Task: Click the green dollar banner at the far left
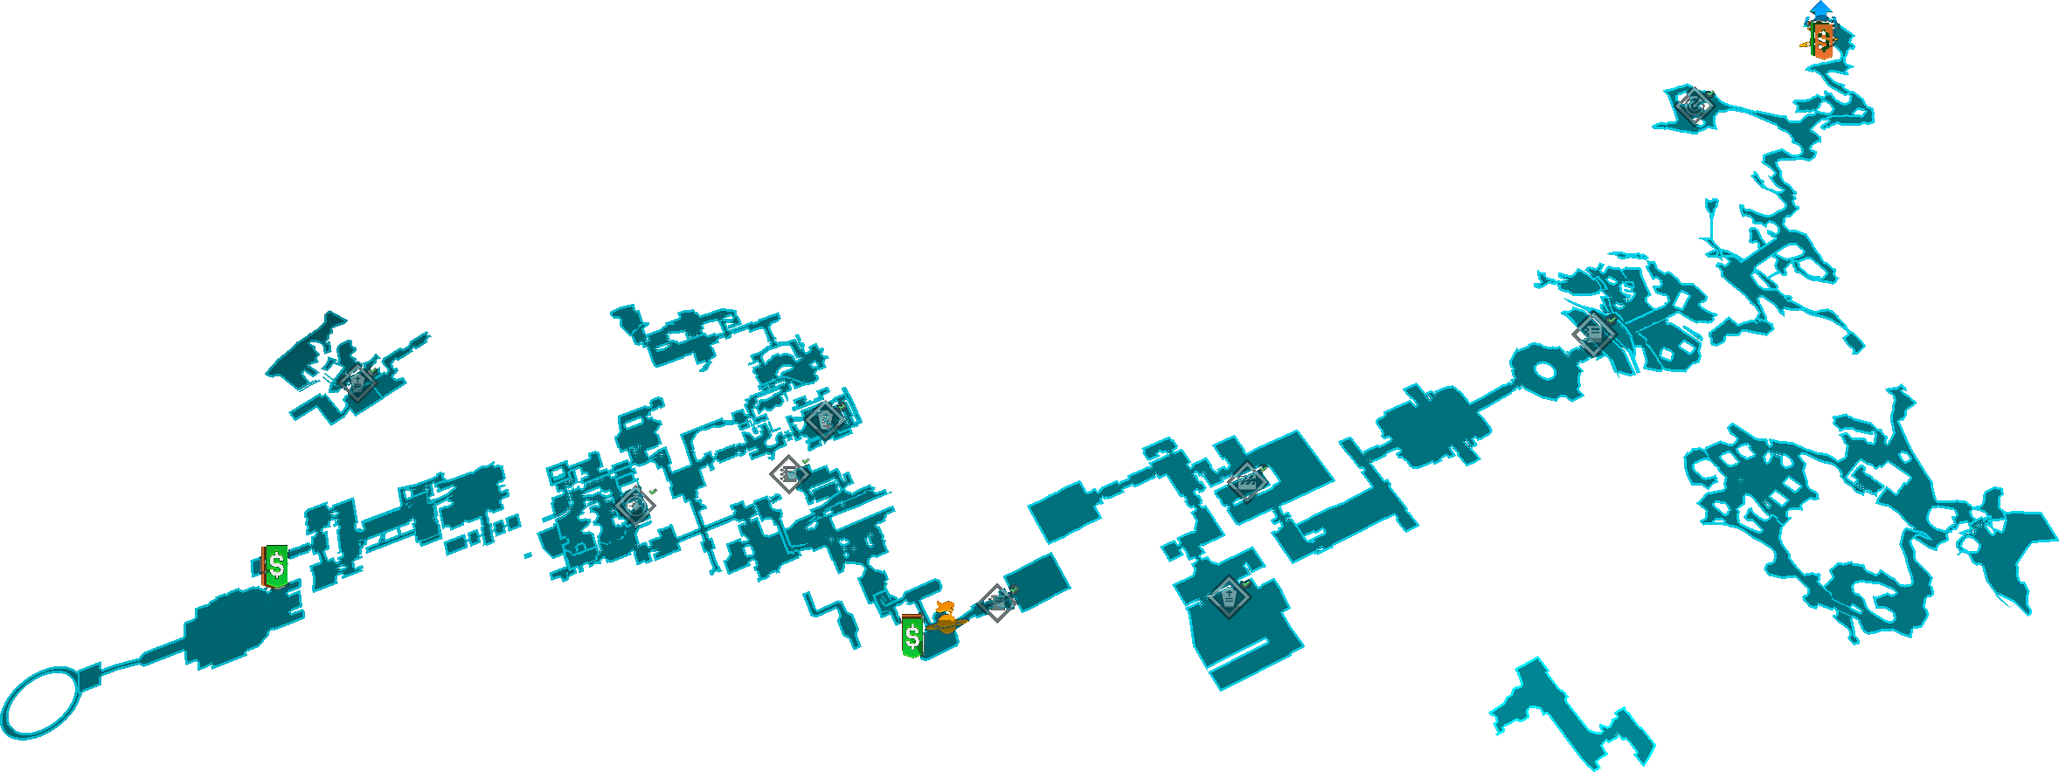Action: click(275, 566)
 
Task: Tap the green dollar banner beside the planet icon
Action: click(912, 637)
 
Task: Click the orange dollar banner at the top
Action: click(1822, 40)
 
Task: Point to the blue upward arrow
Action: click(1820, 9)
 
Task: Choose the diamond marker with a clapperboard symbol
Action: click(1247, 482)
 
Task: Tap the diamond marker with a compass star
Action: click(634, 505)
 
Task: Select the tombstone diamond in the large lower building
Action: click(1228, 597)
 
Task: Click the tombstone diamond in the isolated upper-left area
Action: click(357, 383)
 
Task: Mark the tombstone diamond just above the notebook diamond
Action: click(823, 419)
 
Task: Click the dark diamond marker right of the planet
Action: click(996, 603)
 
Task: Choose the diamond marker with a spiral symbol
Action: click(1695, 106)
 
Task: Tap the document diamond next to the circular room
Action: click(1592, 334)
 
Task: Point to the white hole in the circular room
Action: click(1544, 370)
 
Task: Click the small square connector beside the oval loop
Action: click(90, 675)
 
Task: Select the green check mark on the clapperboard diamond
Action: click(1263, 469)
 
